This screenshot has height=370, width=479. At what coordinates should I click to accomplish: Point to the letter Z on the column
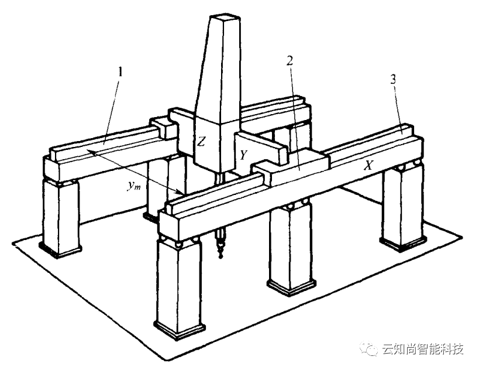click(x=201, y=141)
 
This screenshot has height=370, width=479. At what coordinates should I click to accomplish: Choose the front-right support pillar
click(x=403, y=205)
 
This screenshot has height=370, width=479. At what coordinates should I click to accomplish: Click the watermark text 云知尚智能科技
click(x=422, y=350)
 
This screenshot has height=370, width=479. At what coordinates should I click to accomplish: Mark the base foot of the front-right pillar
click(x=404, y=244)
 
